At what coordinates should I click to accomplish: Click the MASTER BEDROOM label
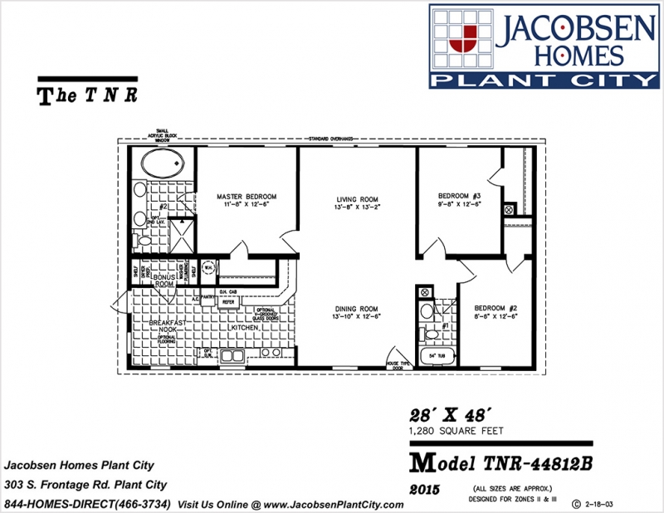(x=247, y=197)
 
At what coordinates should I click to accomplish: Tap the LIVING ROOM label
(x=358, y=199)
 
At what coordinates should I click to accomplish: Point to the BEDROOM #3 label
(x=459, y=197)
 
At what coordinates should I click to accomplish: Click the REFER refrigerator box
(x=227, y=302)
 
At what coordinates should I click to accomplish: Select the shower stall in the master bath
(x=178, y=236)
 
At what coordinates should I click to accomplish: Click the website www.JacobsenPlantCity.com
(x=338, y=504)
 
